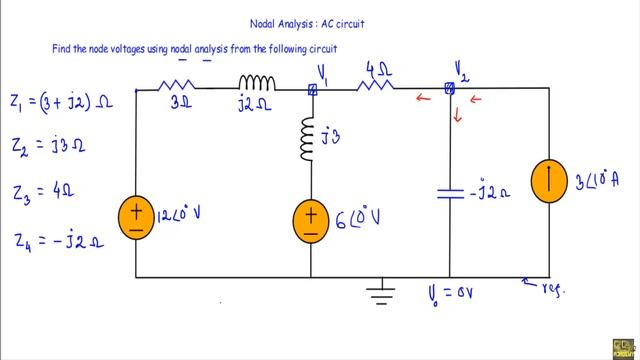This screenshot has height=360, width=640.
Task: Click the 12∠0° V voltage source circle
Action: (x=135, y=217)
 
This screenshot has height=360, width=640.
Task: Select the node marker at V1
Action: (x=311, y=89)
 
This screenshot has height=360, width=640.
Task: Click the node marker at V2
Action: (x=450, y=89)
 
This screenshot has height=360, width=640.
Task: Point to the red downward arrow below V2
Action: (x=458, y=116)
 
